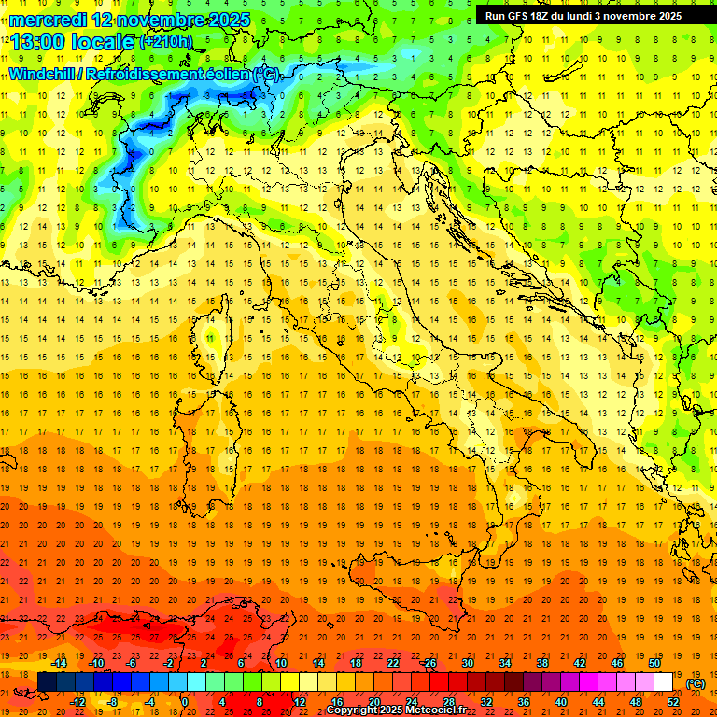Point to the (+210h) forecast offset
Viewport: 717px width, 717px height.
tap(166, 42)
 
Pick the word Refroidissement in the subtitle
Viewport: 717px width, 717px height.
tap(158, 74)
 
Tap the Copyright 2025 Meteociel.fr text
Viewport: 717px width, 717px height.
tap(397, 710)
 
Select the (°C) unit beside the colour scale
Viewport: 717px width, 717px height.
tap(695, 683)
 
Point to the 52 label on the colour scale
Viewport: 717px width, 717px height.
tap(673, 701)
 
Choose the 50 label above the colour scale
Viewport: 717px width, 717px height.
tap(654, 663)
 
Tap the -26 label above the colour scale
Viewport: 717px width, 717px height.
tap(429, 663)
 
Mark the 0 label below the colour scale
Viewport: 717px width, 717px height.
tap(185, 701)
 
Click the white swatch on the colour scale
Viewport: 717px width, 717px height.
tap(664, 682)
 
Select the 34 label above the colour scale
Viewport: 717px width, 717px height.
tap(504, 663)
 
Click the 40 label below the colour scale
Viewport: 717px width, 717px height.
tap(560, 701)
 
